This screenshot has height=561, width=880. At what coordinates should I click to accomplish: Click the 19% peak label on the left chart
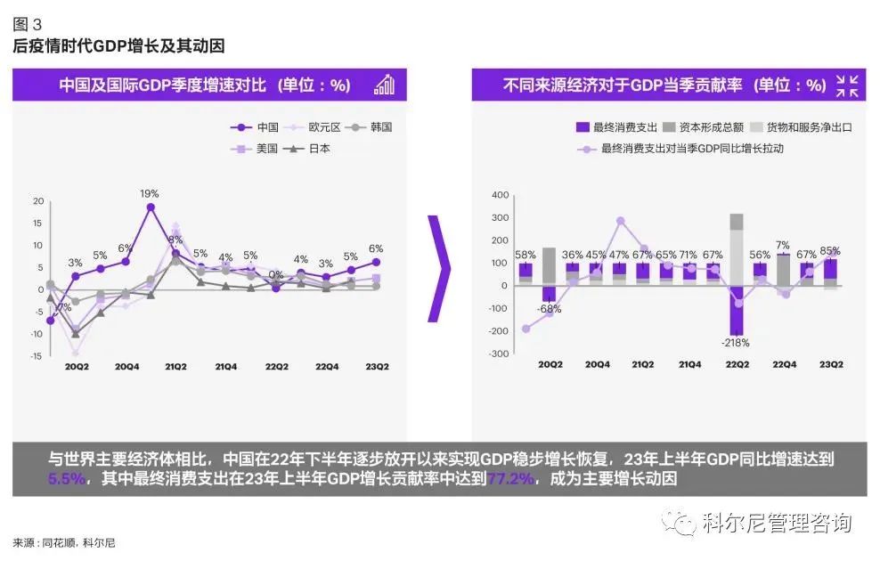tap(150, 193)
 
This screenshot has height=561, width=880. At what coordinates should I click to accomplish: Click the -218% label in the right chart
tap(736, 342)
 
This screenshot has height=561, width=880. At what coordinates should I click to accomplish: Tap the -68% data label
tap(550, 309)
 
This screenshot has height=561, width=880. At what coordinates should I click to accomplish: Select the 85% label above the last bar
tap(830, 250)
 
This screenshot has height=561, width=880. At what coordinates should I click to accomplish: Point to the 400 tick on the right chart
tap(501, 195)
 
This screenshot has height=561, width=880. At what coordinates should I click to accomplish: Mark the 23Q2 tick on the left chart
tap(375, 367)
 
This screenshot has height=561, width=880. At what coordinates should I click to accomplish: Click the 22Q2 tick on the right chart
tap(737, 364)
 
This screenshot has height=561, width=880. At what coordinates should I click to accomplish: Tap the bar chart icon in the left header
tap(384, 85)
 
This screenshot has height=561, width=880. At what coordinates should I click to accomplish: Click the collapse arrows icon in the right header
tap(847, 85)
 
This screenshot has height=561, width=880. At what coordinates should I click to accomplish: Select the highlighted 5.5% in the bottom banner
tap(67, 479)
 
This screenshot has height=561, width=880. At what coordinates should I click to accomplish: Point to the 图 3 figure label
tap(27, 24)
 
